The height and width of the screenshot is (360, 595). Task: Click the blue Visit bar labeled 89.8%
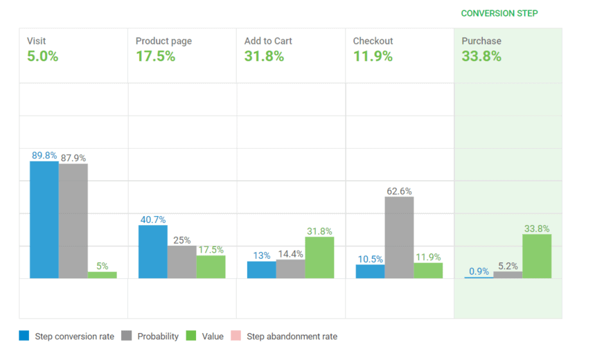44,219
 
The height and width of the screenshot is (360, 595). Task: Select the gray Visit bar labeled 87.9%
73,221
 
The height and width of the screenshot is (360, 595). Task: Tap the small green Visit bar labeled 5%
102,274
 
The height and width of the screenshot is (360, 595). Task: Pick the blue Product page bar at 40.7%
152,251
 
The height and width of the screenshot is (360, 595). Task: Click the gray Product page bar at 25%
181,262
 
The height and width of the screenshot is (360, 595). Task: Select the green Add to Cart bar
319,258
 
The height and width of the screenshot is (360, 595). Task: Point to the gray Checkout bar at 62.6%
399,237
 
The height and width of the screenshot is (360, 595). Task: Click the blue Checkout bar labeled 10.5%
370,271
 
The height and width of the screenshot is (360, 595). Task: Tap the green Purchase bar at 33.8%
537,256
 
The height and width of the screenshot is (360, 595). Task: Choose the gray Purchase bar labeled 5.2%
508,274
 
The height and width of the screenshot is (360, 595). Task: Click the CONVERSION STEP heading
499,13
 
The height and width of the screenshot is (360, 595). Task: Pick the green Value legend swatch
192,336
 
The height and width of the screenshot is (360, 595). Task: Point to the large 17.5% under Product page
155,57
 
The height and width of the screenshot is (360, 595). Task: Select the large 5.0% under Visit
42,57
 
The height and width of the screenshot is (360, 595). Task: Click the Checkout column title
373,41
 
